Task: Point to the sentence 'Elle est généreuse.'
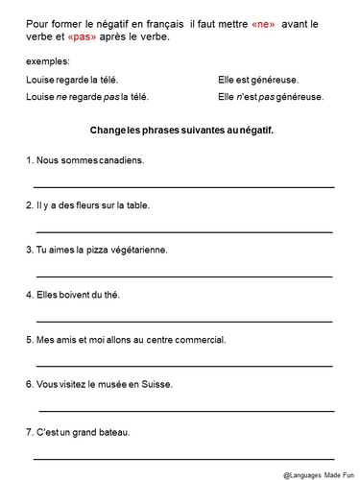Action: [256, 82]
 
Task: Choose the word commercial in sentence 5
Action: [199, 339]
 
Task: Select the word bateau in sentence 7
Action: [112, 431]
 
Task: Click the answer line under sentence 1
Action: [183, 184]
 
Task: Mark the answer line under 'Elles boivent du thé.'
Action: [183, 320]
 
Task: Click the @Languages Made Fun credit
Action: [318, 474]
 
